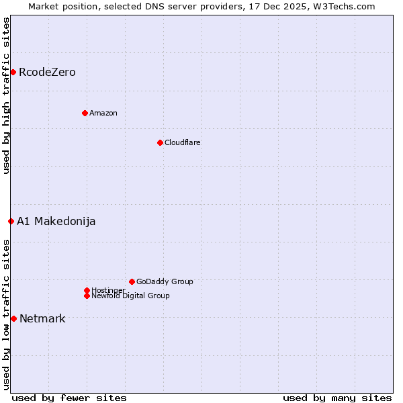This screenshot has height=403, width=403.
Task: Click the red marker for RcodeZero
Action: click(x=13, y=72)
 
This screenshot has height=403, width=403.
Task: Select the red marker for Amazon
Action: click(x=85, y=113)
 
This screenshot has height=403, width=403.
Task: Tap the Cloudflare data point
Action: click(x=160, y=142)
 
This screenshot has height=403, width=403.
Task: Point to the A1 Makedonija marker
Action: click(x=11, y=221)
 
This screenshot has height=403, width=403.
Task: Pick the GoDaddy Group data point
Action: click(x=132, y=281)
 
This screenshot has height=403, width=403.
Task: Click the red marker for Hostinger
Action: click(x=87, y=290)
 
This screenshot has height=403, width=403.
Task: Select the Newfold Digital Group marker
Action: click(x=87, y=296)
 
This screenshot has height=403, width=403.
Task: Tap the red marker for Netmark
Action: click(x=13, y=318)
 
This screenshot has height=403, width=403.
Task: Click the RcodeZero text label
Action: click(x=47, y=72)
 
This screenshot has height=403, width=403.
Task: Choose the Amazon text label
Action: click(x=103, y=113)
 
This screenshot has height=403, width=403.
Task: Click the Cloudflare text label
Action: click(x=183, y=142)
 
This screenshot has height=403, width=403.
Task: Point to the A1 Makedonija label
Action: click(x=56, y=221)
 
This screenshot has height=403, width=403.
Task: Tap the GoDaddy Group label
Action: click(x=165, y=281)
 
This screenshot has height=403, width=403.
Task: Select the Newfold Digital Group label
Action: click(x=130, y=296)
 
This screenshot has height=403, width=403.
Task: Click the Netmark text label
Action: click(x=42, y=318)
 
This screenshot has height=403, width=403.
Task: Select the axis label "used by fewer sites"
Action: click(x=69, y=398)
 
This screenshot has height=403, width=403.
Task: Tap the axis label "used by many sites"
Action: click(x=337, y=398)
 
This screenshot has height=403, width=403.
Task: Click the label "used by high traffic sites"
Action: click(x=6, y=95)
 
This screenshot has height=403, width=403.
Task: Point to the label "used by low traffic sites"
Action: click(x=6, y=314)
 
